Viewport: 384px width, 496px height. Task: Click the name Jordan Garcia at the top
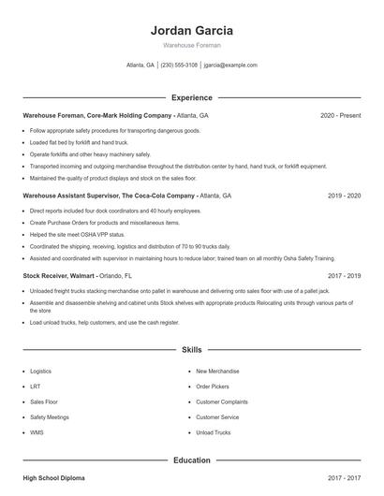(192, 30)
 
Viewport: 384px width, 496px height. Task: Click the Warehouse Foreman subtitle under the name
(192, 45)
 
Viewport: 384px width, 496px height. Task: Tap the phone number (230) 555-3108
(179, 66)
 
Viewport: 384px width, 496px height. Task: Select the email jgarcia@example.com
(230, 66)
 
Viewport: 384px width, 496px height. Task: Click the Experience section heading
(192, 97)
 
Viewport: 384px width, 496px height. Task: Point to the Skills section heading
(192, 349)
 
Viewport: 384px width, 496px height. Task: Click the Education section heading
(192, 460)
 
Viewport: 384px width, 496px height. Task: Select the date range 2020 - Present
(340, 115)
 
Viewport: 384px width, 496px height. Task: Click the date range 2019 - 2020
(344, 197)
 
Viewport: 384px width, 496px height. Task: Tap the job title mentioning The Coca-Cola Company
(110, 197)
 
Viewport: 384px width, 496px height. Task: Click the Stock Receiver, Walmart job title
(59, 277)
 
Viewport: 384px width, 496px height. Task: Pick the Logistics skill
(41, 372)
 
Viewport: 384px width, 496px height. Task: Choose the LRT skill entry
(36, 387)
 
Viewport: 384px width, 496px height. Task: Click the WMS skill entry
(37, 432)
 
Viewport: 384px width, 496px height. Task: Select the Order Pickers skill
(213, 387)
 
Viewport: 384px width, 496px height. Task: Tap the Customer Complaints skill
(221, 401)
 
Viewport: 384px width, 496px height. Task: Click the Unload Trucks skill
(213, 432)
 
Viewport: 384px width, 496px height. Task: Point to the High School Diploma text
(53, 478)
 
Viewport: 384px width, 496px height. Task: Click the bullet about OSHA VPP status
(77, 235)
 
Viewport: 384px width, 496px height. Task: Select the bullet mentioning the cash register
(104, 323)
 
